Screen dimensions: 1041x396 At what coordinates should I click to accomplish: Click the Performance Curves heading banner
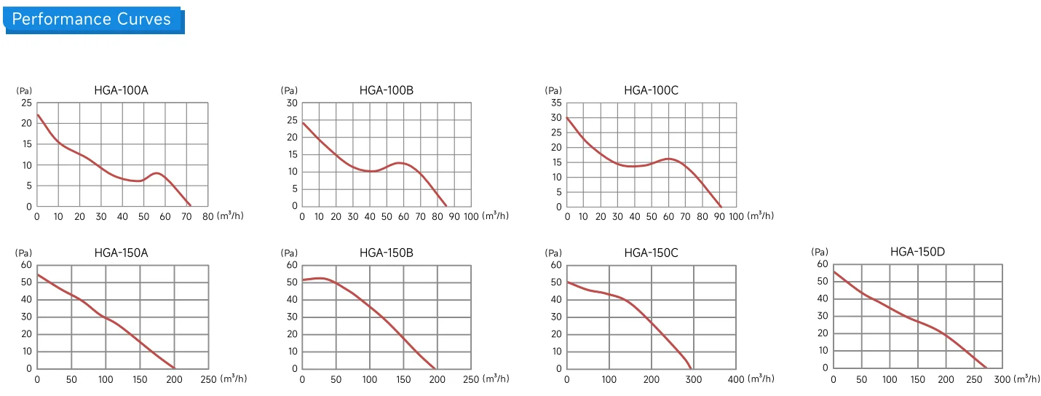coord(93,20)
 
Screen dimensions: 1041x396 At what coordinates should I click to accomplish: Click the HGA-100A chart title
coord(122,90)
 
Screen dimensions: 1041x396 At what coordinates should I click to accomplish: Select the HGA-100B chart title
coord(387,90)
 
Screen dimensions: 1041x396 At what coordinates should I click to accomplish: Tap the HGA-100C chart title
coord(651,90)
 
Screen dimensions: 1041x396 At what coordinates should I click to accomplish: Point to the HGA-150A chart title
coord(122,253)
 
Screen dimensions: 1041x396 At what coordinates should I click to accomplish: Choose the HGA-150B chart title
coord(387,253)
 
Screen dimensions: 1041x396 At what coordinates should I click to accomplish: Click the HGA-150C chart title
coord(651,253)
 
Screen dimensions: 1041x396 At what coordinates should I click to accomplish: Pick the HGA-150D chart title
coord(917,252)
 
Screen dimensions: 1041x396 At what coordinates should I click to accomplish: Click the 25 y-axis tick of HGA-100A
coord(26,103)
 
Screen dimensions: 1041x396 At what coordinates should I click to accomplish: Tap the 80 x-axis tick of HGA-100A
coord(207,217)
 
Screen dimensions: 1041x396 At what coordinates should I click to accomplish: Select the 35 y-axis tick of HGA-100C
coord(556,103)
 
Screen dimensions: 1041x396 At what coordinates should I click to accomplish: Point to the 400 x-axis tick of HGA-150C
coord(736,380)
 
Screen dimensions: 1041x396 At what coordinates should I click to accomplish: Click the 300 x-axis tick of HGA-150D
coord(1002,380)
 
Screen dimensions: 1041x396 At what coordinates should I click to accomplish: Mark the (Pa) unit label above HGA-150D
coord(819,252)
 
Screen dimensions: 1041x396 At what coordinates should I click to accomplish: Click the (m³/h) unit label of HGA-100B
coord(496,215)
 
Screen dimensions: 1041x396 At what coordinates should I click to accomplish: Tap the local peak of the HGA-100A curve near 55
coord(157,173)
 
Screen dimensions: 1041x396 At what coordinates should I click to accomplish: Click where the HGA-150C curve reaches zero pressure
coord(691,368)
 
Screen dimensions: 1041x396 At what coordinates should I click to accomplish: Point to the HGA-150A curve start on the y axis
coord(38,274)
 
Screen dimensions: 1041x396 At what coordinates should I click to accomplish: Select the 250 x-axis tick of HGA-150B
coord(471,380)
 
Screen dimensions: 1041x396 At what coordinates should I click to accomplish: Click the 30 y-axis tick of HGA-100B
coord(292,103)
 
